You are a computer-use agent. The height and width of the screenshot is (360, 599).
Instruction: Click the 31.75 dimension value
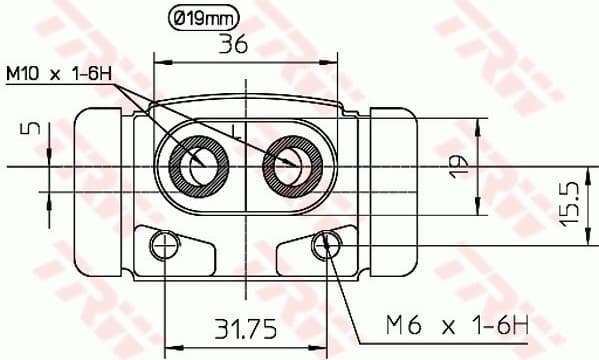246,327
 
